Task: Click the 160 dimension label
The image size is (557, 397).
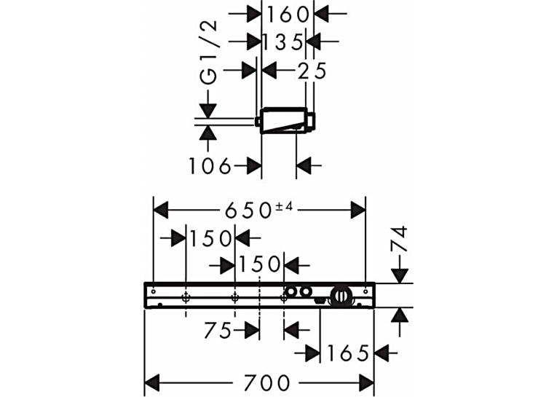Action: click(x=288, y=15)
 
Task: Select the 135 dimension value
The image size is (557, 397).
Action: click(x=283, y=42)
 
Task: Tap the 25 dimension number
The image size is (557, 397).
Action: click(x=312, y=71)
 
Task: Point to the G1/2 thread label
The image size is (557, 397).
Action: click(x=208, y=52)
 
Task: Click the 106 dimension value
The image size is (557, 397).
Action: click(x=210, y=166)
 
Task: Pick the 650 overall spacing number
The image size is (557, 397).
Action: click(x=248, y=211)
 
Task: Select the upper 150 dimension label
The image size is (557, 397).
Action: click(x=210, y=238)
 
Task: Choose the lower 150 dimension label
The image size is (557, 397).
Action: click(x=260, y=264)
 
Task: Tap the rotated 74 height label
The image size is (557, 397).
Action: click(x=399, y=238)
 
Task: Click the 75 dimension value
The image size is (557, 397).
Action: click(x=218, y=331)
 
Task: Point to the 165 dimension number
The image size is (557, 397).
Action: click(x=347, y=353)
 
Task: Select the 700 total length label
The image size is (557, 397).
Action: click(x=266, y=383)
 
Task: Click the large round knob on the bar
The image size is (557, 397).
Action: click(x=341, y=296)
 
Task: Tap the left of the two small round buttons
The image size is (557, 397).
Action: click(x=291, y=292)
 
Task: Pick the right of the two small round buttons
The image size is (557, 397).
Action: click(x=305, y=292)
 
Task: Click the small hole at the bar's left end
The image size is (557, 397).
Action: click(x=154, y=292)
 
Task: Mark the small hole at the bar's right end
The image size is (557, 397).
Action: click(x=366, y=292)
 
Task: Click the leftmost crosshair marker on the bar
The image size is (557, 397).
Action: click(x=186, y=297)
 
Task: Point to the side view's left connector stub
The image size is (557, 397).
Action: click(x=258, y=122)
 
